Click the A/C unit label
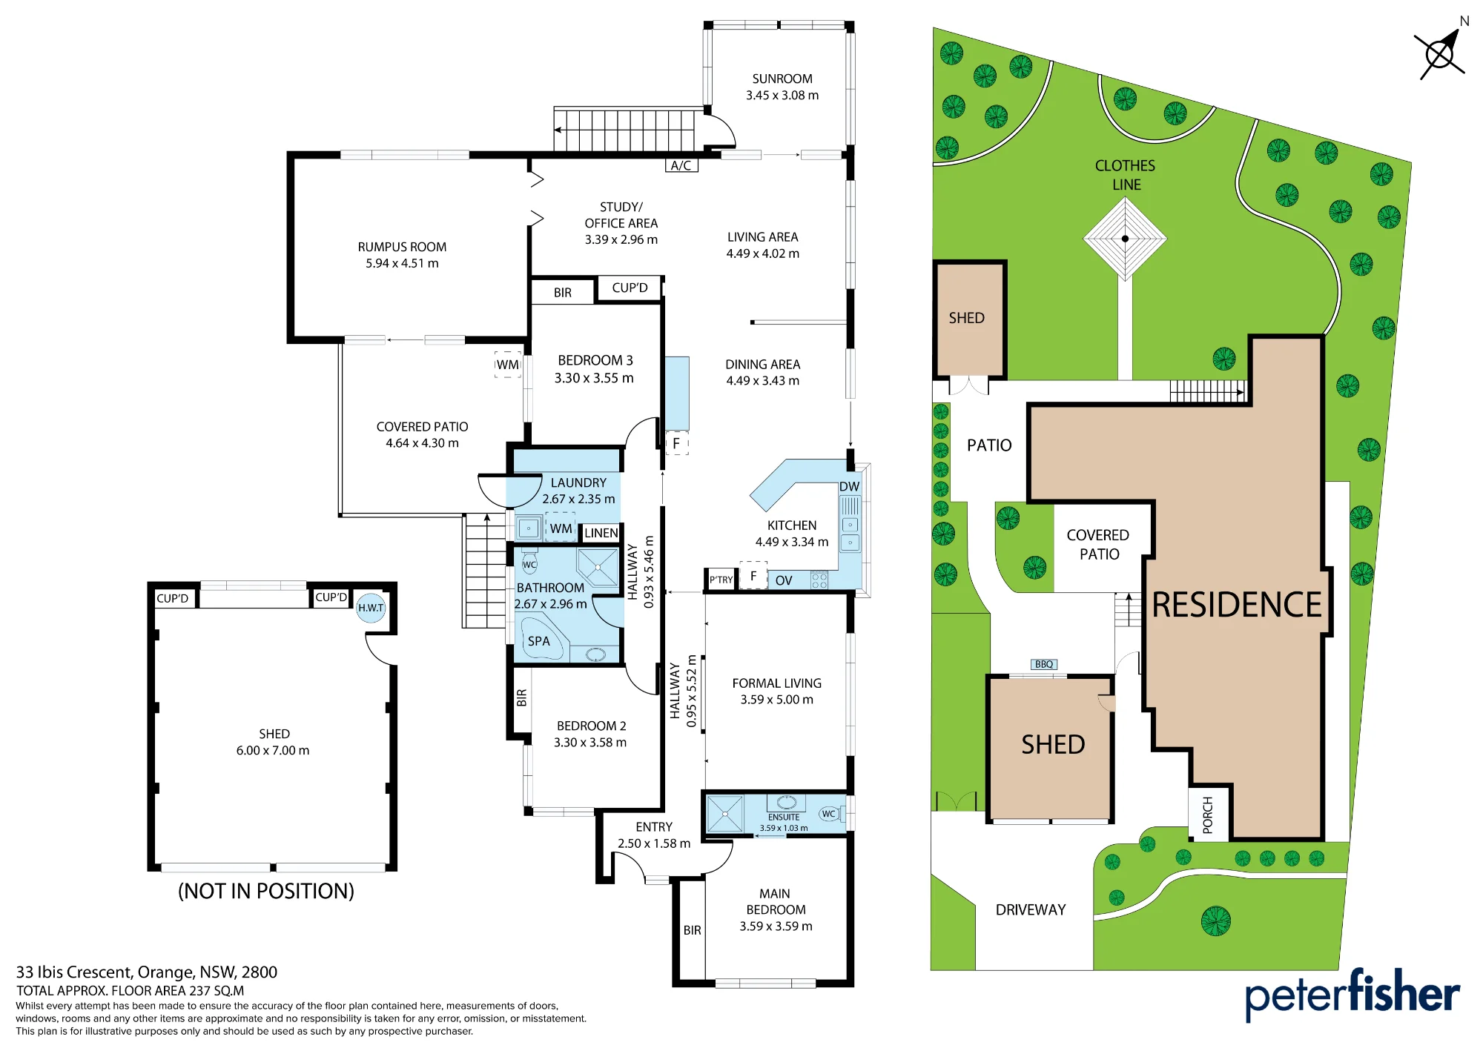point(681,165)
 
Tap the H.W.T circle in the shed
point(371,608)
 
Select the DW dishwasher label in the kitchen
point(849,486)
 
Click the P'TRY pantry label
point(721,580)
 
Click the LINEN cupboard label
point(601,533)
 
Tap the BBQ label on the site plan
point(1044,664)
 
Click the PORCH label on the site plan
point(1208,815)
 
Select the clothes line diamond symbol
point(1125,239)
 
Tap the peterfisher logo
point(1352,994)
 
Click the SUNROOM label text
point(782,79)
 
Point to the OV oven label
point(784,580)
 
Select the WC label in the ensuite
point(828,814)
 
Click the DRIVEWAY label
point(1031,909)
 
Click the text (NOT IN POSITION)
point(266,890)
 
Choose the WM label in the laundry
point(561,528)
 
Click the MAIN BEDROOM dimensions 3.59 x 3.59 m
point(776,926)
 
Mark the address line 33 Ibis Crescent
point(147,972)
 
